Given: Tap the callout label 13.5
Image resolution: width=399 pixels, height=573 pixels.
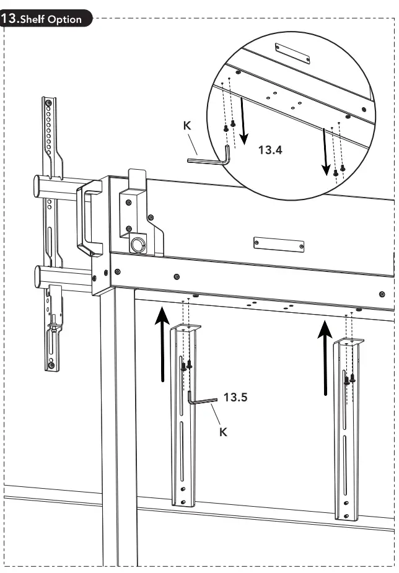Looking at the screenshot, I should click(235, 397).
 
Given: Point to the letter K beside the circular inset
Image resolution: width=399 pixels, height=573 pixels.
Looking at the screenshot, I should click(187, 126).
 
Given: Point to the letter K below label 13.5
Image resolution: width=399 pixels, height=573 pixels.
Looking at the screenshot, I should click(224, 432).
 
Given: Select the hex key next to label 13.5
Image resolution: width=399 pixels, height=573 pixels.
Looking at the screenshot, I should click(199, 400).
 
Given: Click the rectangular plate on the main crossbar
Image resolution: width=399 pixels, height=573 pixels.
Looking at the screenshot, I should click(278, 244).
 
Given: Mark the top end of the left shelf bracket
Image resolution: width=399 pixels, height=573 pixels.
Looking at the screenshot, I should click(185, 327).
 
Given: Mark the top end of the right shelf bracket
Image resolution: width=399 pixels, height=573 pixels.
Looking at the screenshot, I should click(349, 341).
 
